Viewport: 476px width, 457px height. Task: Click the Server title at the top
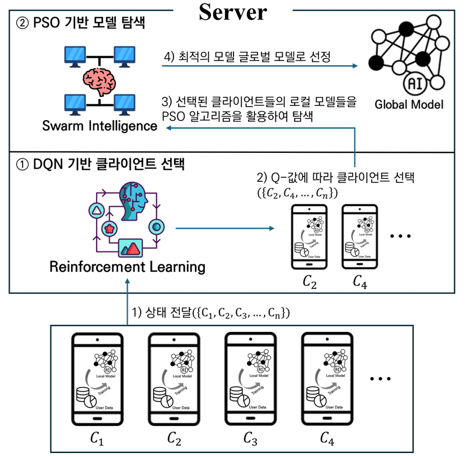point(232,12)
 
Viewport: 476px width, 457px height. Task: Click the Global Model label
point(409,104)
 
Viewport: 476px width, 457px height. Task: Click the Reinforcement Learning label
point(127,266)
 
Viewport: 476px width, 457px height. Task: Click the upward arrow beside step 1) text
point(127,309)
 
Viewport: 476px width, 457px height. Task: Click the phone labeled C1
point(97,379)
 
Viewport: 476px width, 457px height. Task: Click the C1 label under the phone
point(97,438)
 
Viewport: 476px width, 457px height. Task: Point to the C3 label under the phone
point(250,438)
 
